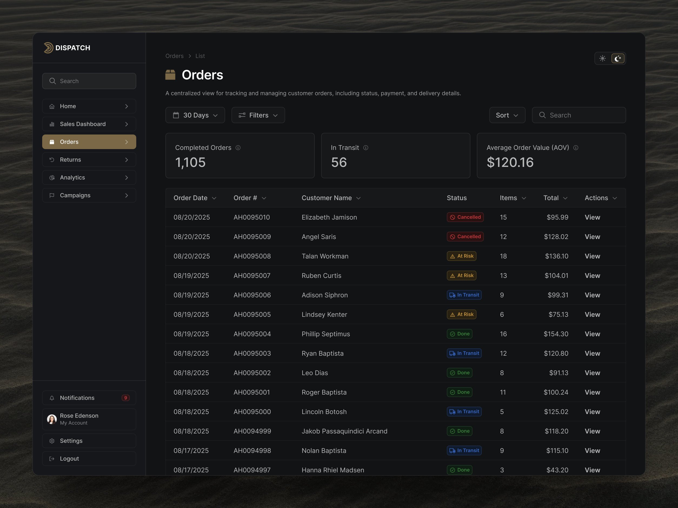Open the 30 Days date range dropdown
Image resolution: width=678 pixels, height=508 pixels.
click(x=195, y=115)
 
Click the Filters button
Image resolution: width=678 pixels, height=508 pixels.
click(x=258, y=115)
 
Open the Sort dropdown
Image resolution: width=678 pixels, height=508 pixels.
click(x=507, y=115)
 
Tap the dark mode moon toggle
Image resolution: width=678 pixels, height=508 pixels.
click(x=618, y=59)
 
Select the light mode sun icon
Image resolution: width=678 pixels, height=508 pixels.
click(x=602, y=59)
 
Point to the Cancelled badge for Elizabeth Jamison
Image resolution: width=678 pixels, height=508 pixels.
click(x=465, y=217)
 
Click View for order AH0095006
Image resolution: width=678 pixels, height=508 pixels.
click(x=592, y=295)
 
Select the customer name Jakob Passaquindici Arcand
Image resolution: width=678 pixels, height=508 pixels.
click(x=344, y=431)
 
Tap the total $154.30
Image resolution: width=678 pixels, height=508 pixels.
click(x=556, y=334)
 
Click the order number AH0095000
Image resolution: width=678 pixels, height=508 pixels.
click(x=252, y=412)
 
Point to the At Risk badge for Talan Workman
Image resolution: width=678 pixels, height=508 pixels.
click(x=461, y=256)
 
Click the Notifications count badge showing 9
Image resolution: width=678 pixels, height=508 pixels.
click(x=125, y=398)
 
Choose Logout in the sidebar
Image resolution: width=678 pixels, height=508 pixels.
click(x=69, y=458)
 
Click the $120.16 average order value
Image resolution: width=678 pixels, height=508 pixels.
click(x=510, y=162)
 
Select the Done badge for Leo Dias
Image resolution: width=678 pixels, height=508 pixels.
click(x=460, y=373)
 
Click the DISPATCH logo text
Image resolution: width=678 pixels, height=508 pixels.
click(x=73, y=48)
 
